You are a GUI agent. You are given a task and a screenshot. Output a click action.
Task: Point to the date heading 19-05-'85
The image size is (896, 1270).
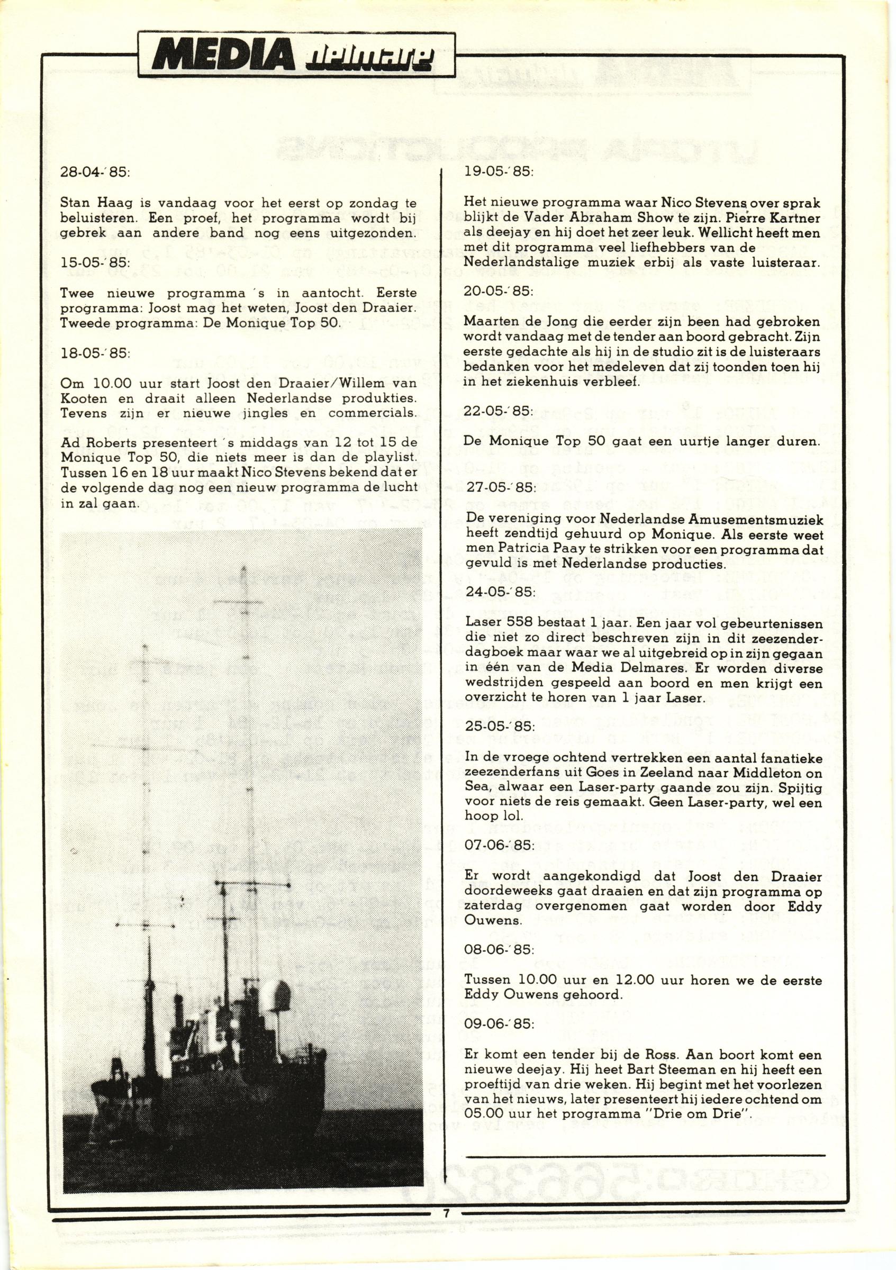pos(498,172)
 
